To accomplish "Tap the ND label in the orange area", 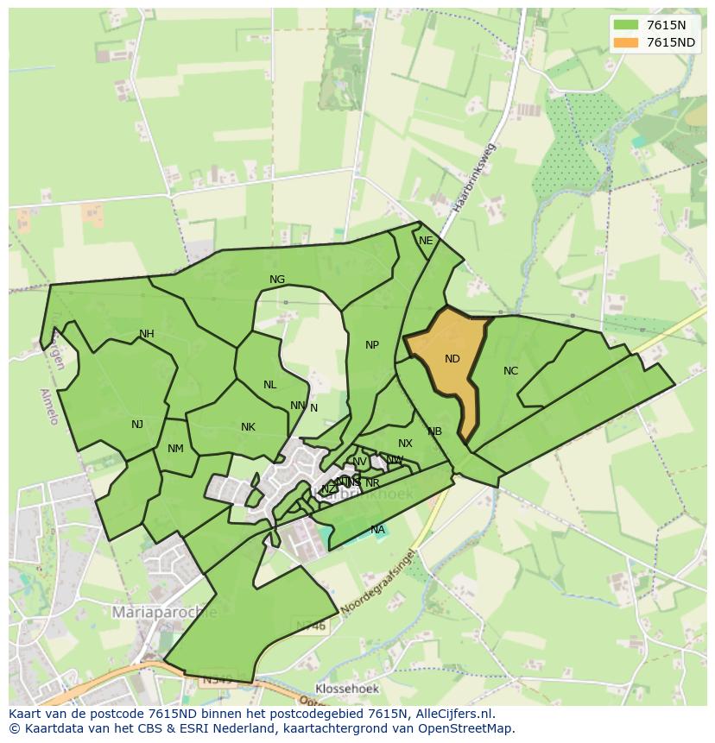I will pos(452,359).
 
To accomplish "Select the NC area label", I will pos(510,371).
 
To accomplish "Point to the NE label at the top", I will pos(426,241).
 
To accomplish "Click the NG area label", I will pos(277,280).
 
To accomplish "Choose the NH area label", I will pos(147,334).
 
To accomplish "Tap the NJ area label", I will pos(137,424).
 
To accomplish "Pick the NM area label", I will pos(175,448).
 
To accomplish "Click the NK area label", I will pos(248,427).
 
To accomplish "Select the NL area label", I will pos(270,385).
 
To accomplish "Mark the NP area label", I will pos(372,345).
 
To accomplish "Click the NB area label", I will pos(434,431).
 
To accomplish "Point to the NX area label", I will pos(405,444).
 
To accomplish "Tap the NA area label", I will pos(377,530).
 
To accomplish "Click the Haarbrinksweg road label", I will pos(473,179).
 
